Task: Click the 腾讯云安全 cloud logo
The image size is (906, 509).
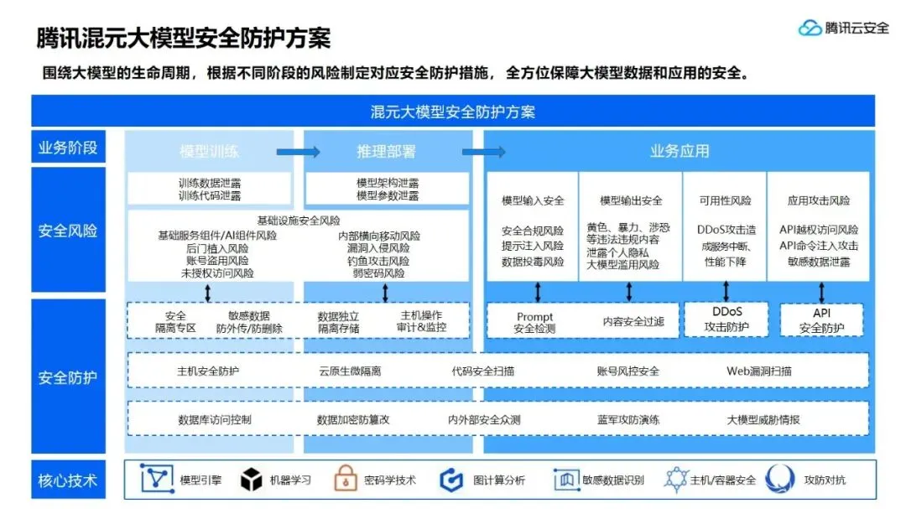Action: pos(810,28)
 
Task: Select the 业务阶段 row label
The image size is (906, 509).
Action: pos(68,148)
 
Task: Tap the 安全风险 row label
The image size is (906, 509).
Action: pos(68,231)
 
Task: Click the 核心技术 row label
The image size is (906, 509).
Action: pos(68,480)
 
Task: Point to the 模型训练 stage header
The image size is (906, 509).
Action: pos(210,152)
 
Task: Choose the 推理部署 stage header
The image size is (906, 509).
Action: pos(386,152)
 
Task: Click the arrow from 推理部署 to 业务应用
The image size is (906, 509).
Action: pos(484,152)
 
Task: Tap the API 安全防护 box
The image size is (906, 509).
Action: pos(821,319)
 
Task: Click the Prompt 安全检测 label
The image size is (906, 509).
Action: pos(534,323)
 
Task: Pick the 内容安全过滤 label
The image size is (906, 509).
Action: pos(633,321)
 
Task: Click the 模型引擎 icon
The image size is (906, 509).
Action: pos(154,480)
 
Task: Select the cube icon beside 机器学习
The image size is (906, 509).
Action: pos(251,480)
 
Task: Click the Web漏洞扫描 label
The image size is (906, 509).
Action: pos(758,371)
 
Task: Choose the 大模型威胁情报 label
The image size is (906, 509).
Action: pos(763,419)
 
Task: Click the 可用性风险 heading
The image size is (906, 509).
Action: pos(726,201)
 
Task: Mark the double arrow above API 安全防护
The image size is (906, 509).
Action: pos(821,292)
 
